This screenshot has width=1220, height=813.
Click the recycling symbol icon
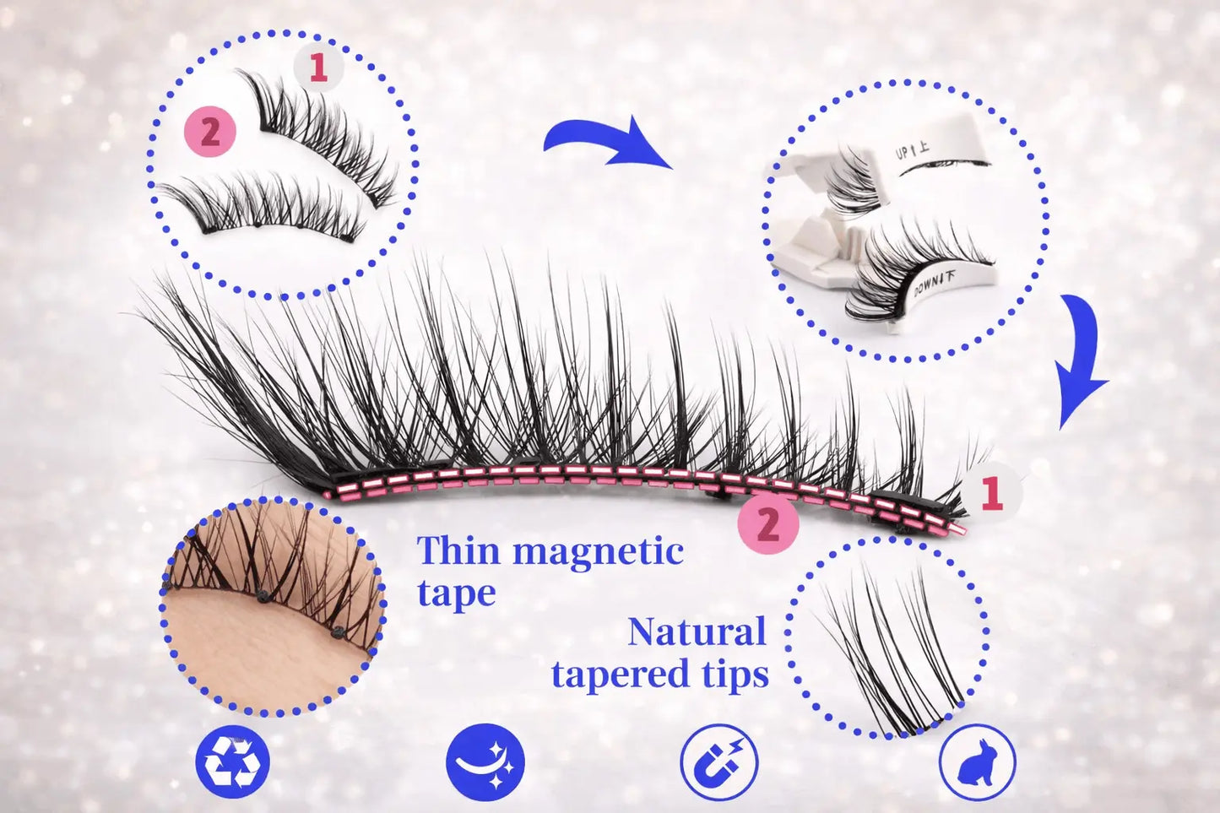click(233, 762)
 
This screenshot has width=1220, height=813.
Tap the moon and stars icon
click(485, 762)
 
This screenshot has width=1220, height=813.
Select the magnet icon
click(719, 762)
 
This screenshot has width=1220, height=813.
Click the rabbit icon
click(978, 762)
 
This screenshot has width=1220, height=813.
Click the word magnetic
click(598, 551)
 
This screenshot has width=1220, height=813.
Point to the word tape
click(457, 593)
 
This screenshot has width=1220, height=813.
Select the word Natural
click(697, 631)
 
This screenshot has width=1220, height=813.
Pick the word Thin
click(458, 550)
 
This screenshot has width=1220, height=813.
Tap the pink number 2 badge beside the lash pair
click(210, 132)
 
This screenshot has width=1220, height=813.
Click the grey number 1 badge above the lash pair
click(318, 68)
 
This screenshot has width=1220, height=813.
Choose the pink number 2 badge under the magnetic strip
click(768, 523)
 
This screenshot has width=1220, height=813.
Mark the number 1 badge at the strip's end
click(991, 493)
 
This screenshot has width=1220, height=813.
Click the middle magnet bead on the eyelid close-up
click(263, 597)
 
